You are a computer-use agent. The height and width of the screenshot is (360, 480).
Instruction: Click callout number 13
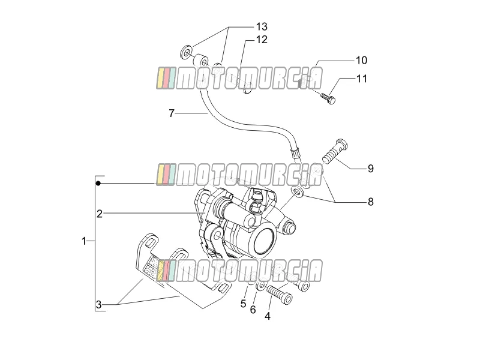click(x=262, y=26)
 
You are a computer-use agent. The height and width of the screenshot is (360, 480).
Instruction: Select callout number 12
click(x=262, y=40)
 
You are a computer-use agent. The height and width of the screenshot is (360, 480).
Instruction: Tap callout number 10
click(x=361, y=61)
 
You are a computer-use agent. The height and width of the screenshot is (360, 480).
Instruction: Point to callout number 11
click(x=362, y=79)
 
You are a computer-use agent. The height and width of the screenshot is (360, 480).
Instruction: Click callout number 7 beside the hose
click(x=172, y=113)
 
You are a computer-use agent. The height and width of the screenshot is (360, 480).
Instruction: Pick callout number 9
click(x=371, y=169)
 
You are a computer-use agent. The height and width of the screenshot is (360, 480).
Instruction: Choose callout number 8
click(x=371, y=202)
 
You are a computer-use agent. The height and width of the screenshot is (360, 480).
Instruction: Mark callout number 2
click(x=100, y=214)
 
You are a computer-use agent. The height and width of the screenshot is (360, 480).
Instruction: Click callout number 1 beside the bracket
click(x=84, y=241)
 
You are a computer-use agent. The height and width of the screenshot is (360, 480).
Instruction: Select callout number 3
click(x=98, y=305)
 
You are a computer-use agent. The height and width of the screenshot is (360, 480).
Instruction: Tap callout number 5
click(x=244, y=304)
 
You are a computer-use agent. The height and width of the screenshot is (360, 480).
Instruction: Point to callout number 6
click(x=253, y=310)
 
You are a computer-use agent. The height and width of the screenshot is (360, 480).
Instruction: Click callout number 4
click(x=268, y=316)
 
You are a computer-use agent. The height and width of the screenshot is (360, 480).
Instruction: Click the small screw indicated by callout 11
click(x=328, y=98)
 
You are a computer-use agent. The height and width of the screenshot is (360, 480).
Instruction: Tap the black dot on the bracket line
click(x=98, y=184)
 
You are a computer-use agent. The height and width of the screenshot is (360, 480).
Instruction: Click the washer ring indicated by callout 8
click(x=297, y=191)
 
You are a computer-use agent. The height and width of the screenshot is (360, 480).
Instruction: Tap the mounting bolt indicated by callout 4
click(x=280, y=295)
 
